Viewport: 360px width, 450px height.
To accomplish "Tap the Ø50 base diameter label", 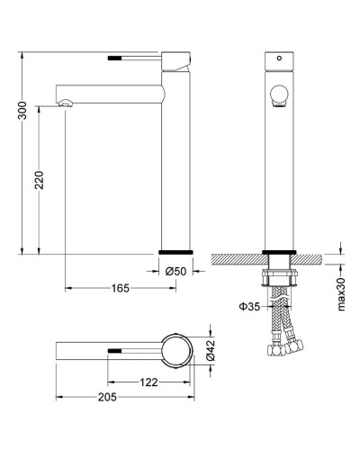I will pyautogui.click(x=176, y=270).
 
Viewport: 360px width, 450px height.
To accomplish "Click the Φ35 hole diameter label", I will pyautogui.click(x=250, y=307).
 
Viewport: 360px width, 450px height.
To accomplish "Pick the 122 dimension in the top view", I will pyautogui.click(x=149, y=382).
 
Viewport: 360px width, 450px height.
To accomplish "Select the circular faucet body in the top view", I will pyautogui.click(x=176, y=349).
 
